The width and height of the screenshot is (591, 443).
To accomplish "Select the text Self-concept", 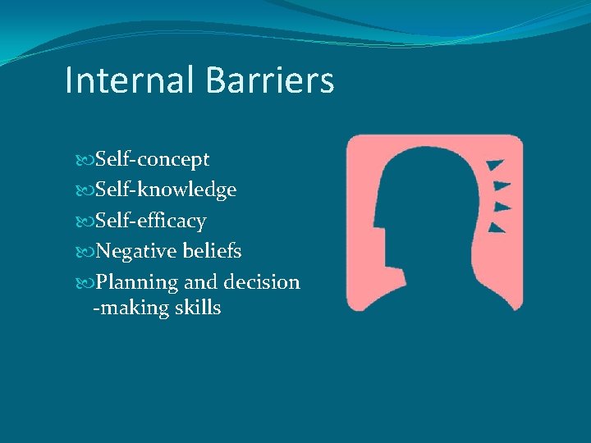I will click(x=152, y=159).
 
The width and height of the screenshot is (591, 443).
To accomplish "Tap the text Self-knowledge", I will click(x=165, y=190).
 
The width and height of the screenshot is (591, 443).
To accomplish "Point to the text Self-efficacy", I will click(x=150, y=221).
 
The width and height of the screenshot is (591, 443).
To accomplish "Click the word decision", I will click(x=262, y=282).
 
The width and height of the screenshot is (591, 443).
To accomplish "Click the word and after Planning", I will click(x=200, y=282).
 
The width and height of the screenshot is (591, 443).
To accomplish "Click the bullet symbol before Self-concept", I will click(x=88, y=160).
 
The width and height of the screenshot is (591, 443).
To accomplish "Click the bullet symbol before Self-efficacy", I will click(x=88, y=221).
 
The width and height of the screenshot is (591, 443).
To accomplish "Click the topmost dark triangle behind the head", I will click(x=493, y=167).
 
